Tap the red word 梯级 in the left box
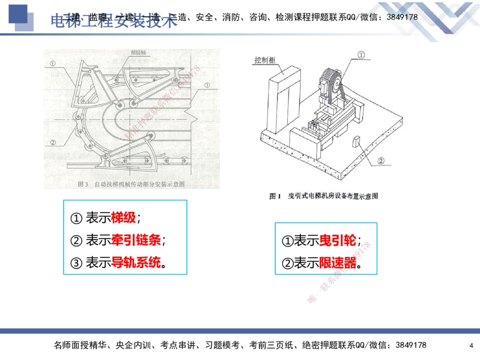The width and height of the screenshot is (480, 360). click(124, 218)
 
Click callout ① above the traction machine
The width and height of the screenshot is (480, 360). click(361, 56)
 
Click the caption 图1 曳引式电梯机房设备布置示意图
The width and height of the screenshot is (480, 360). click(324, 196)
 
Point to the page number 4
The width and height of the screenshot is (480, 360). click(471, 345)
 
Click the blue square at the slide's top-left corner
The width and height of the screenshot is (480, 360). click(18, 13)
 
